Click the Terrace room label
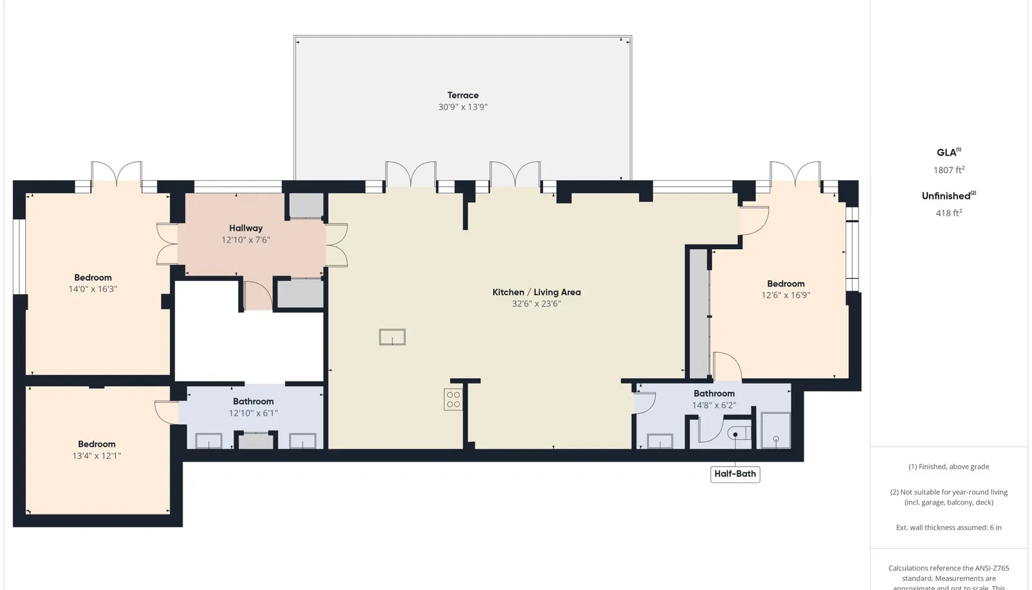462,96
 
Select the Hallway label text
246,228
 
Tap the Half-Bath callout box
735,474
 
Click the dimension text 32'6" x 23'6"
536,304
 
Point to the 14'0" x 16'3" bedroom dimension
93,289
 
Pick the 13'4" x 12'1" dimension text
96,456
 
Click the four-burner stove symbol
453,400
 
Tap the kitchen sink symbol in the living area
392,337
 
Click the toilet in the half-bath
739,434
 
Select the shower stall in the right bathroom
776,431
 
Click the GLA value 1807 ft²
949,170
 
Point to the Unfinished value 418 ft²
949,213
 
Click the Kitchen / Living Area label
536,292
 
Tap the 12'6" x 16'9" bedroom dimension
786,296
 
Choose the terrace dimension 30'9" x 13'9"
462,107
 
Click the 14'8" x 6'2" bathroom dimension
714,405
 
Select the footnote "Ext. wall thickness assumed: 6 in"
949,527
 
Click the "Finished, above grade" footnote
949,467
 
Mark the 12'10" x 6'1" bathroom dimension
253,413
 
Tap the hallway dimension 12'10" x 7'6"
246,239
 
